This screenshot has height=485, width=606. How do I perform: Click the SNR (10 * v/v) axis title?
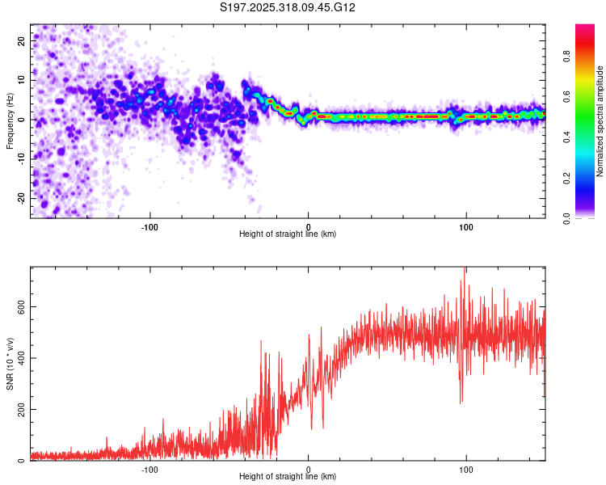coord(10,364)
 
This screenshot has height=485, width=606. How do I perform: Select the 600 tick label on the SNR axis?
coord(18,307)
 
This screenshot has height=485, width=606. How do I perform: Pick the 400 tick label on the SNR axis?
coord(18,358)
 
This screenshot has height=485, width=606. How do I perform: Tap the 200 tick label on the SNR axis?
coord(18,410)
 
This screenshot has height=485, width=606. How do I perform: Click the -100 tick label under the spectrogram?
coord(149,226)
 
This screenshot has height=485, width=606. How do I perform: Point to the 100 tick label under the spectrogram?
coord(465,226)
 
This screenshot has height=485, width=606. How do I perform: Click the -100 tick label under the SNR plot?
coord(149,469)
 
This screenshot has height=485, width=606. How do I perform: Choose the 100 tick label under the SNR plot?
coord(465,469)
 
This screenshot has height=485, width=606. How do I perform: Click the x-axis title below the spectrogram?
coord(288,234)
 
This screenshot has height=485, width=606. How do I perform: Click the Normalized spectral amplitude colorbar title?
coord(600,121)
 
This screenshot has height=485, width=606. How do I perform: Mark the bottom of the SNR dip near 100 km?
coord(461,403)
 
